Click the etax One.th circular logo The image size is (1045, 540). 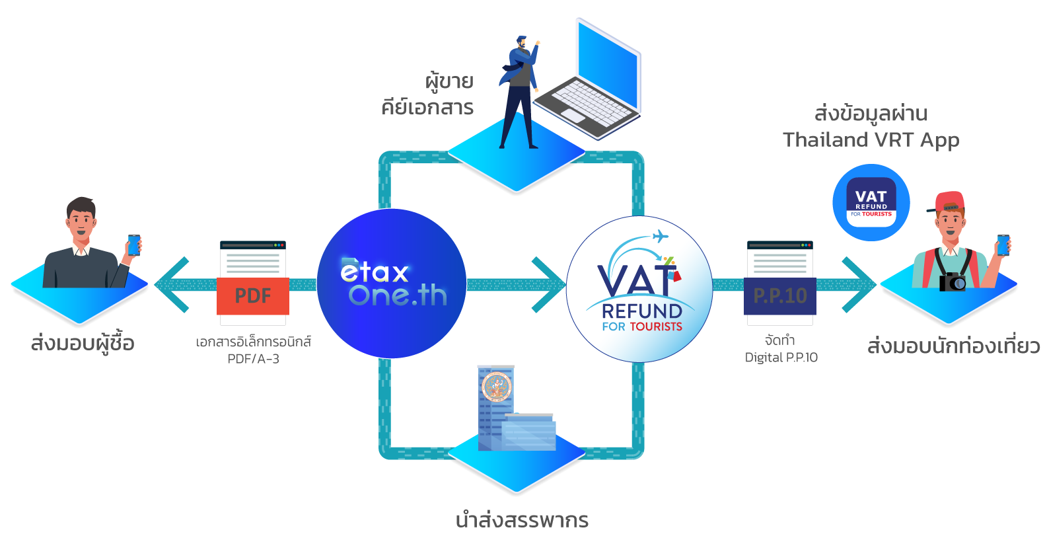(391, 284)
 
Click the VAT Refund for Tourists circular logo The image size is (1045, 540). (639, 289)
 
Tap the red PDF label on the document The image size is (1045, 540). (253, 295)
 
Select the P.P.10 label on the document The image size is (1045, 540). (780, 295)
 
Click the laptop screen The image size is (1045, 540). (607, 66)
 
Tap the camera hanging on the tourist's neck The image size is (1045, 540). (953, 282)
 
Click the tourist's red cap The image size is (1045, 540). (949, 201)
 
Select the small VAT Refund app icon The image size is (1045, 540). (871, 202)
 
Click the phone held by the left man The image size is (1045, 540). (133, 245)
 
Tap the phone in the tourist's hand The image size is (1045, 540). (1002, 245)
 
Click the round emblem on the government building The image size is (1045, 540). (497, 387)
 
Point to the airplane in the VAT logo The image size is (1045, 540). (659, 237)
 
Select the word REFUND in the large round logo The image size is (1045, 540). (641, 311)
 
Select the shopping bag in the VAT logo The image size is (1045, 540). (674, 273)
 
